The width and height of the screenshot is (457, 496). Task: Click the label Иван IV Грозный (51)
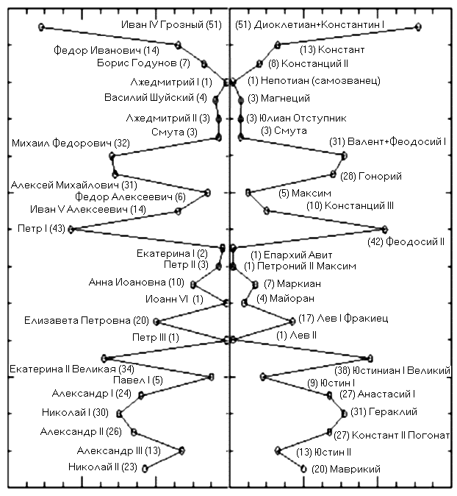(x=171, y=25)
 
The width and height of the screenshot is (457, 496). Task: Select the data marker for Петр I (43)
(x=71, y=229)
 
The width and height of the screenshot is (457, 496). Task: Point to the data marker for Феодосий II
(x=384, y=229)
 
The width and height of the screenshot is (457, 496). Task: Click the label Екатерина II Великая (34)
(x=71, y=368)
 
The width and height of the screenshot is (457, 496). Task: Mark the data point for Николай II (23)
(x=145, y=468)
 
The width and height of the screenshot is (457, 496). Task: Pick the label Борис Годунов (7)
(x=143, y=63)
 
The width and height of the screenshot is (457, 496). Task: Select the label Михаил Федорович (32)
(x=71, y=143)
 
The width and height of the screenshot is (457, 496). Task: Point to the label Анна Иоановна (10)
(x=137, y=282)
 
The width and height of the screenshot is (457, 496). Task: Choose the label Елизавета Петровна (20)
(x=87, y=320)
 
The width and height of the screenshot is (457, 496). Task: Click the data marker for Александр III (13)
(x=182, y=450)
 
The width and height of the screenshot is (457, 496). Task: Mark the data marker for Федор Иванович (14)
(x=179, y=45)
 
